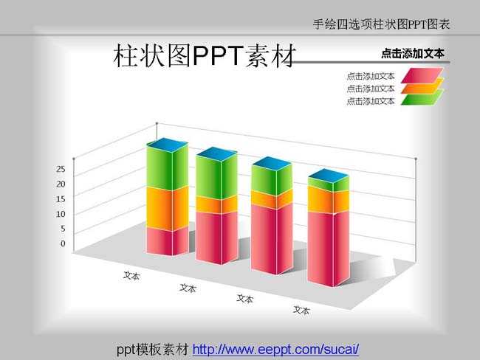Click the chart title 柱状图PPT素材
(x=205, y=55)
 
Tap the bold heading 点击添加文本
(x=413, y=54)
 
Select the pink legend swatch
(x=422, y=75)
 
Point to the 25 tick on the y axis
(x=61, y=169)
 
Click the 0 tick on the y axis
(x=63, y=243)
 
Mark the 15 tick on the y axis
(x=61, y=198)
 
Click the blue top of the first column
(x=168, y=145)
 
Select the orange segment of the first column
(x=168, y=210)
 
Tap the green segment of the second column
(x=216, y=177)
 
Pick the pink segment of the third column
(x=272, y=238)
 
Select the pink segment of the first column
(x=168, y=242)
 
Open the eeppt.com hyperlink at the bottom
(x=275, y=349)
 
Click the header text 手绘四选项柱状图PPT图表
(x=381, y=24)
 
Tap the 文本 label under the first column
(x=131, y=276)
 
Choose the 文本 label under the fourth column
(x=301, y=310)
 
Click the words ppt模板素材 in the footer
(x=153, y=349)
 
